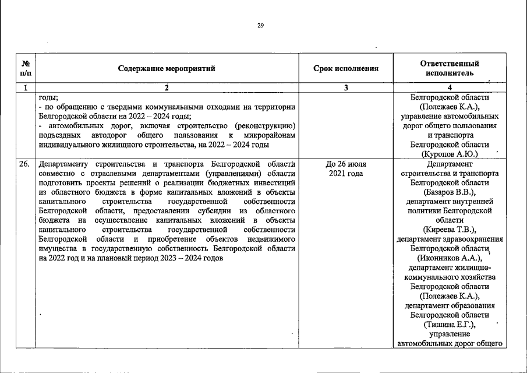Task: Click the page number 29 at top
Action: coord(260,25)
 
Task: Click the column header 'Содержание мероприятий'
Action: coord(167,68)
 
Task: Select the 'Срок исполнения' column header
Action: coord(346,68)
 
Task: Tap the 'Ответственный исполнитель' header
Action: coord(450,68)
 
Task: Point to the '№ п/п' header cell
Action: coord(25,68)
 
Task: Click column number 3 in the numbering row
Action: coord(346,88)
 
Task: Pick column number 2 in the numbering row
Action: coord(167,88)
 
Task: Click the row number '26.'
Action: coord(24,164)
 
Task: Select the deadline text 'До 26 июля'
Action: coord(346,164)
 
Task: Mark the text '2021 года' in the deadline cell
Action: coord(346,174)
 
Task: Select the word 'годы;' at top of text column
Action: coord(48,98)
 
